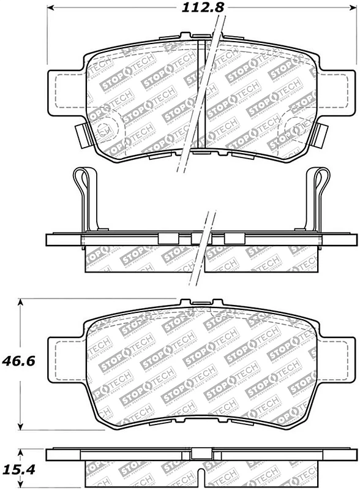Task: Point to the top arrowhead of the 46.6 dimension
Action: (x=23, y=302)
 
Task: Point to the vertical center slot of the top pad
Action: (x=202, y=92)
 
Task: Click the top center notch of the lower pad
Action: (x=200, y=301)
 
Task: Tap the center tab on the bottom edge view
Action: (x=200, y=454)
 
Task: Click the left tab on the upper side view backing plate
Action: (x=166, y=238)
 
